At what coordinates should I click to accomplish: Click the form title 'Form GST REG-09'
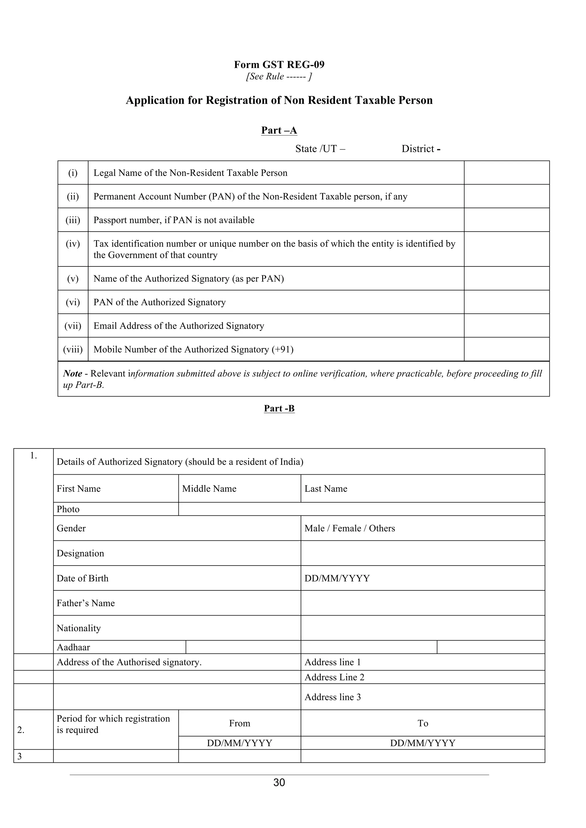click(x=279, y=65)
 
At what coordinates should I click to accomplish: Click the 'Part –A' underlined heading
click(x=279, y=130)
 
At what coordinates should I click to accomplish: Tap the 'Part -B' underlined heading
click(x=279, y=408)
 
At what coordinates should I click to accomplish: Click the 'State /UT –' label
click(x=320, y=149)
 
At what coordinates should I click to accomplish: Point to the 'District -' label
click(x=421, y=149)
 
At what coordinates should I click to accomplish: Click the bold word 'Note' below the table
click(x=72, y=374)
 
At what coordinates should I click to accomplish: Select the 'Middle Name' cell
click(x=209, y=489)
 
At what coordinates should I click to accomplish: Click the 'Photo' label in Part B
click(x=68, y=509)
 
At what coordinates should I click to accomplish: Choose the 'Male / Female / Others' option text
click(x=349, y=528)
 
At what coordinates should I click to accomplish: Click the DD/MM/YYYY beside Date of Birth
click(x=337, y=578)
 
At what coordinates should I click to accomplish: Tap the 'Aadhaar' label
click(x=73, y=647)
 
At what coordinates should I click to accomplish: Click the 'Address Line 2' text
click(x=334, y=677)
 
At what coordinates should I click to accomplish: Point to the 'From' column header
click(x=239, y=723)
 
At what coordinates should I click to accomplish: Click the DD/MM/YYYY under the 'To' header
click(x=423, y=743)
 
